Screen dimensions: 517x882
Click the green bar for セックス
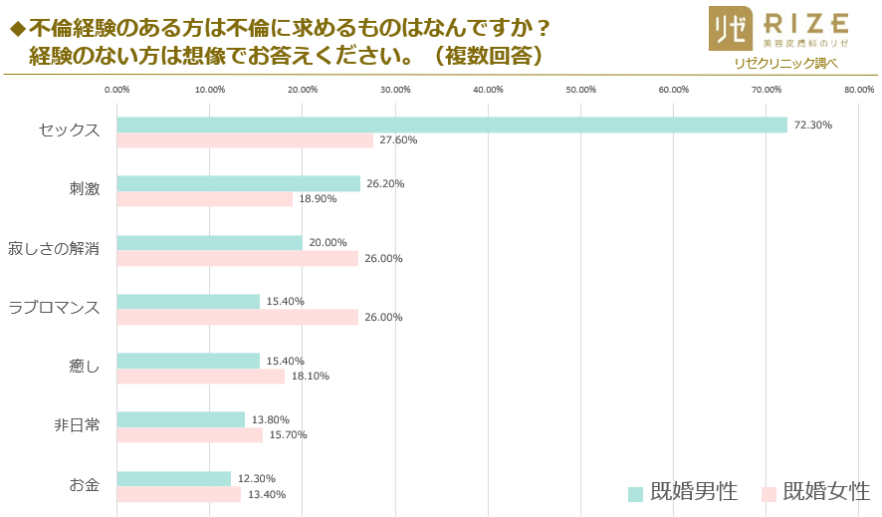(x=452, y=125)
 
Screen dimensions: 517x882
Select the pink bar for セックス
(x=245, y=140)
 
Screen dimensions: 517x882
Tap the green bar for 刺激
(x=239, y=183)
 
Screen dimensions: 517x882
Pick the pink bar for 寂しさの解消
(x=238, y=258)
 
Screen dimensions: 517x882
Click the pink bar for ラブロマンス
(x=238, y=317)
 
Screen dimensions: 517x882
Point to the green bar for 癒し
(x=188, y=361)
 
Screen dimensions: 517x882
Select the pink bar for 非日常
(x=190, y=434)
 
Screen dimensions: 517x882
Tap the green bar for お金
(x=174, y=478)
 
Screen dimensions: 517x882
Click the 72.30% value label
(x=812, y=125)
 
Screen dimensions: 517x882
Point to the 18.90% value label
(x=318, y=199)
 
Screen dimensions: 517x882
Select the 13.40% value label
(x=267, y=494)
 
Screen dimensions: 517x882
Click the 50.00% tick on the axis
(x=580, y=90)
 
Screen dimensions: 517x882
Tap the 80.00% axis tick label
(x=858, y=90)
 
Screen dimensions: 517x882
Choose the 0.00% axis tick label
(x=117, y=90)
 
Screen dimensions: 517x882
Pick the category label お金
(x=85, y=485)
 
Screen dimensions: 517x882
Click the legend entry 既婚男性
(x=683, y=492)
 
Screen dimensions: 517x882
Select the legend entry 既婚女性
(x=815, y=492)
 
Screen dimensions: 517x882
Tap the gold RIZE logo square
(x=730, y=29)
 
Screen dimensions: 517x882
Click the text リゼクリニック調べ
(x=785, y=63)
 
